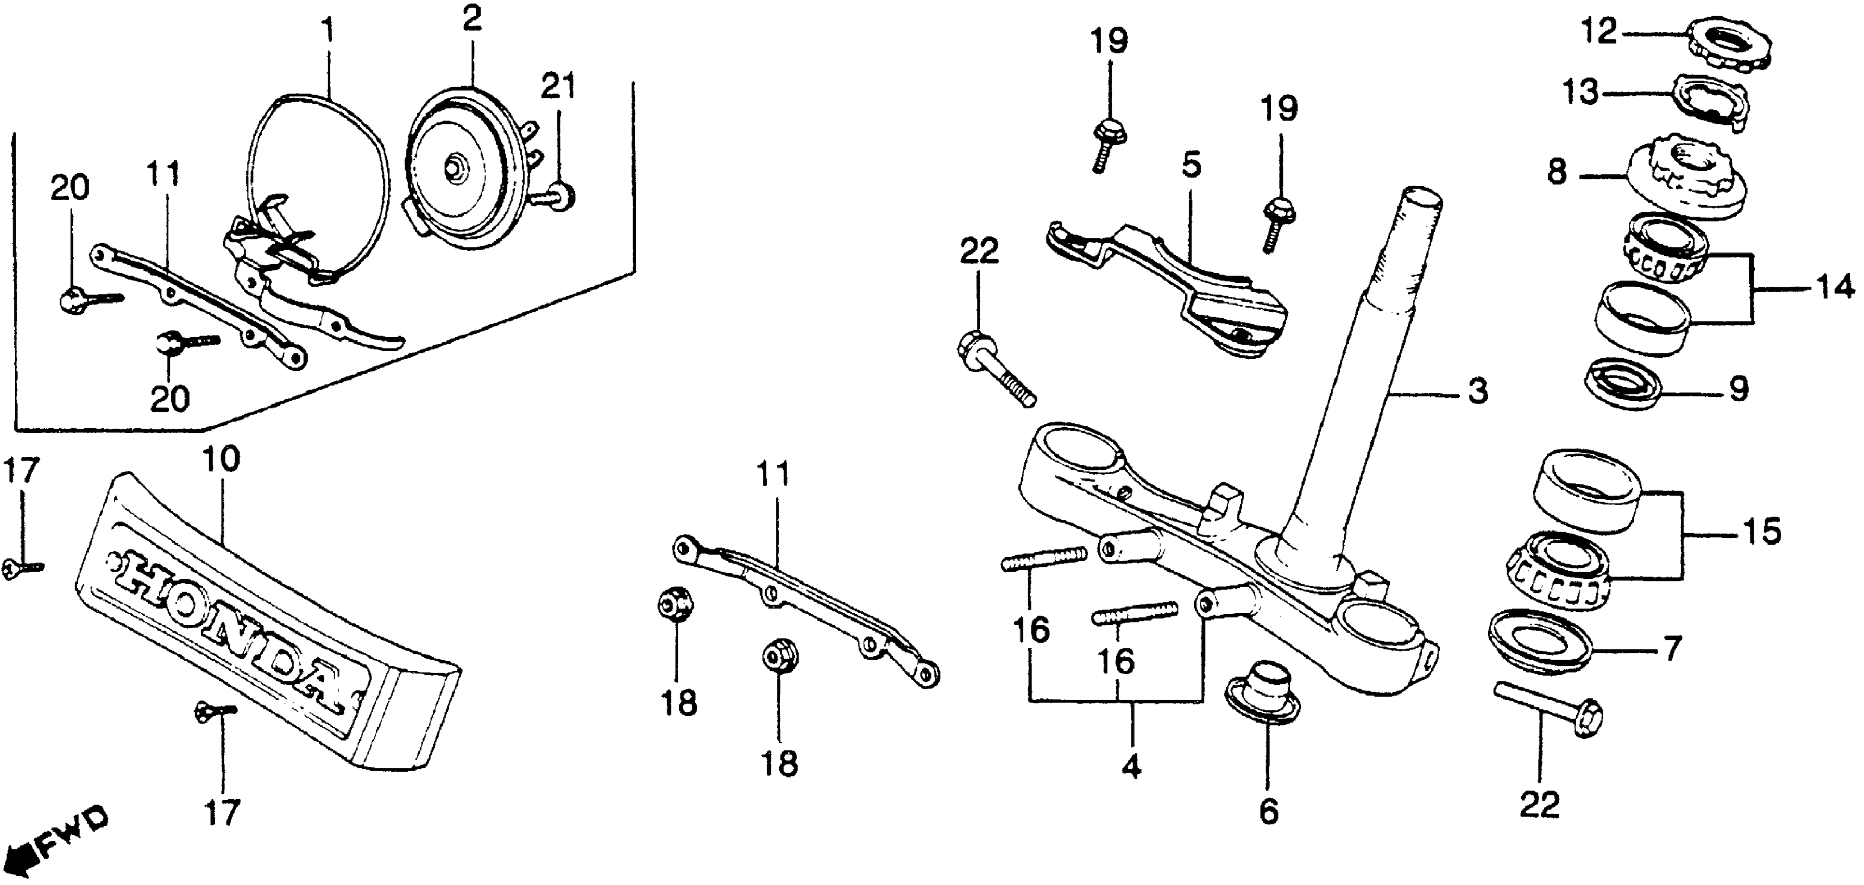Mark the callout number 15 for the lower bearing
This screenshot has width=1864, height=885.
[1761, 533]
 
